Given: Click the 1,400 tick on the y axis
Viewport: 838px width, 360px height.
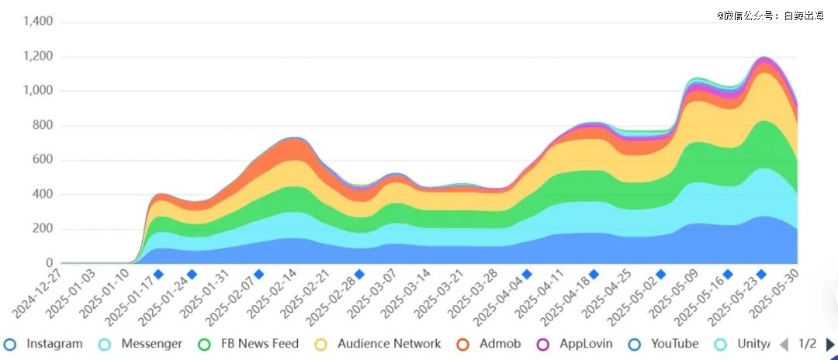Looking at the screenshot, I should tap(38, 21).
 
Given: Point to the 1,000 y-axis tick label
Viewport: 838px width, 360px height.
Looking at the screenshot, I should tap(38, 91).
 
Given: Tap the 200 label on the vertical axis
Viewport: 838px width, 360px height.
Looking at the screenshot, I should tap(42, 229).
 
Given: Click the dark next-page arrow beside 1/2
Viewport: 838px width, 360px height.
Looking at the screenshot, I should tap(830, 344).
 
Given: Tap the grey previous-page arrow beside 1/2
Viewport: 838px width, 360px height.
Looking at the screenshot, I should tap(784, 344).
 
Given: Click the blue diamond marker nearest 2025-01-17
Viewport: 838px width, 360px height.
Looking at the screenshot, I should tap(158, 274).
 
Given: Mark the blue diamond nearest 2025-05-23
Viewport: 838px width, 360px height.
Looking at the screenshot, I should tap(762, 274).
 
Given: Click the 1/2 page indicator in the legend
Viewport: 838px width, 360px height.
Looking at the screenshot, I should tap(807, 344).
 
